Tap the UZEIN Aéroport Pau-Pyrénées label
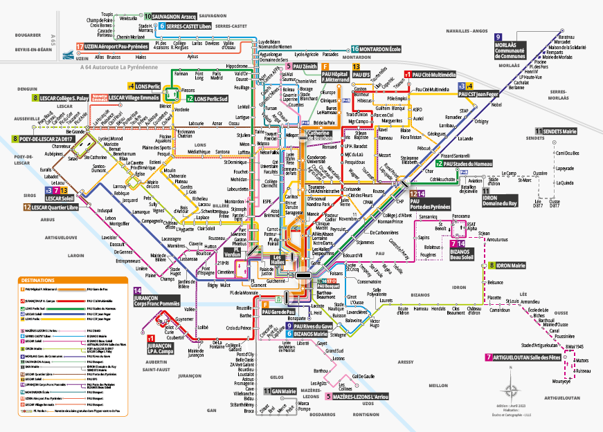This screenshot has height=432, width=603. coord(115,47)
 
